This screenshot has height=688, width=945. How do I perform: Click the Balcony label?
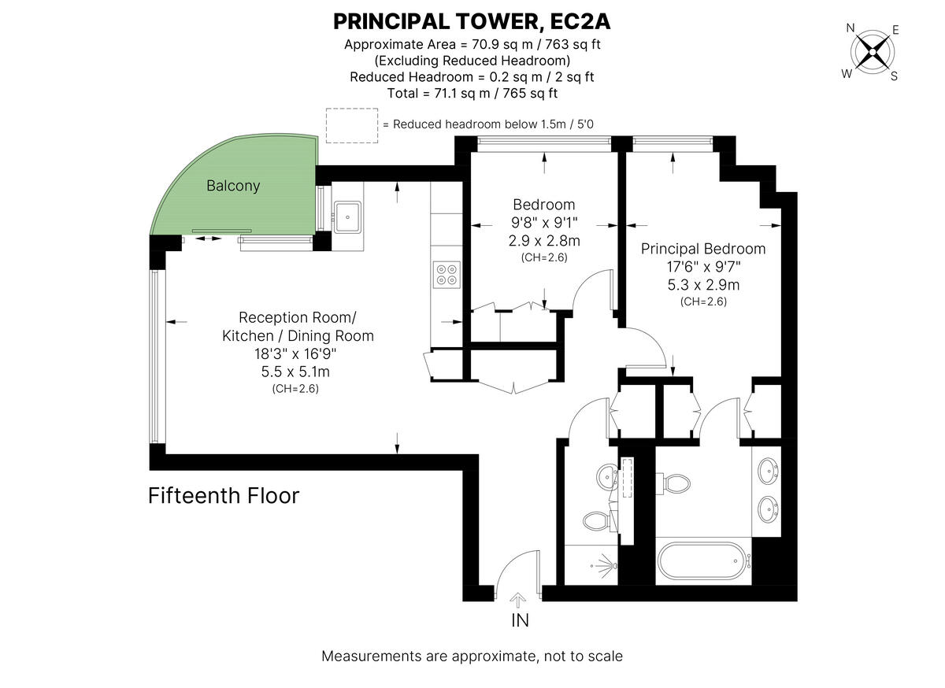coord(233,186)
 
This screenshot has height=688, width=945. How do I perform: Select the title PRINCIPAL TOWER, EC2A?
coord(472,20)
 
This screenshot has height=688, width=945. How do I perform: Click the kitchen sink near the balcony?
coord(346,215)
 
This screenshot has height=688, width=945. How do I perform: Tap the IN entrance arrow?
coord(519,602)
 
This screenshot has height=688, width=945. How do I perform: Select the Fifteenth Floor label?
coord(224,496)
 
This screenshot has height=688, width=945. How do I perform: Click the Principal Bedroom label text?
coord(702,249)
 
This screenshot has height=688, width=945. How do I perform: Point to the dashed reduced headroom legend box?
coord(352,126)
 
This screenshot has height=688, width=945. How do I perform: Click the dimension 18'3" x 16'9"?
coord(297,353)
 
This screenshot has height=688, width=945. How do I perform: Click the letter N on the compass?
coord(850,28)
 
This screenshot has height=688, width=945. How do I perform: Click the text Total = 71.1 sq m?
coord(472,93)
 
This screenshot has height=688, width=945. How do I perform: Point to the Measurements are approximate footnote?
coord(472,656)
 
